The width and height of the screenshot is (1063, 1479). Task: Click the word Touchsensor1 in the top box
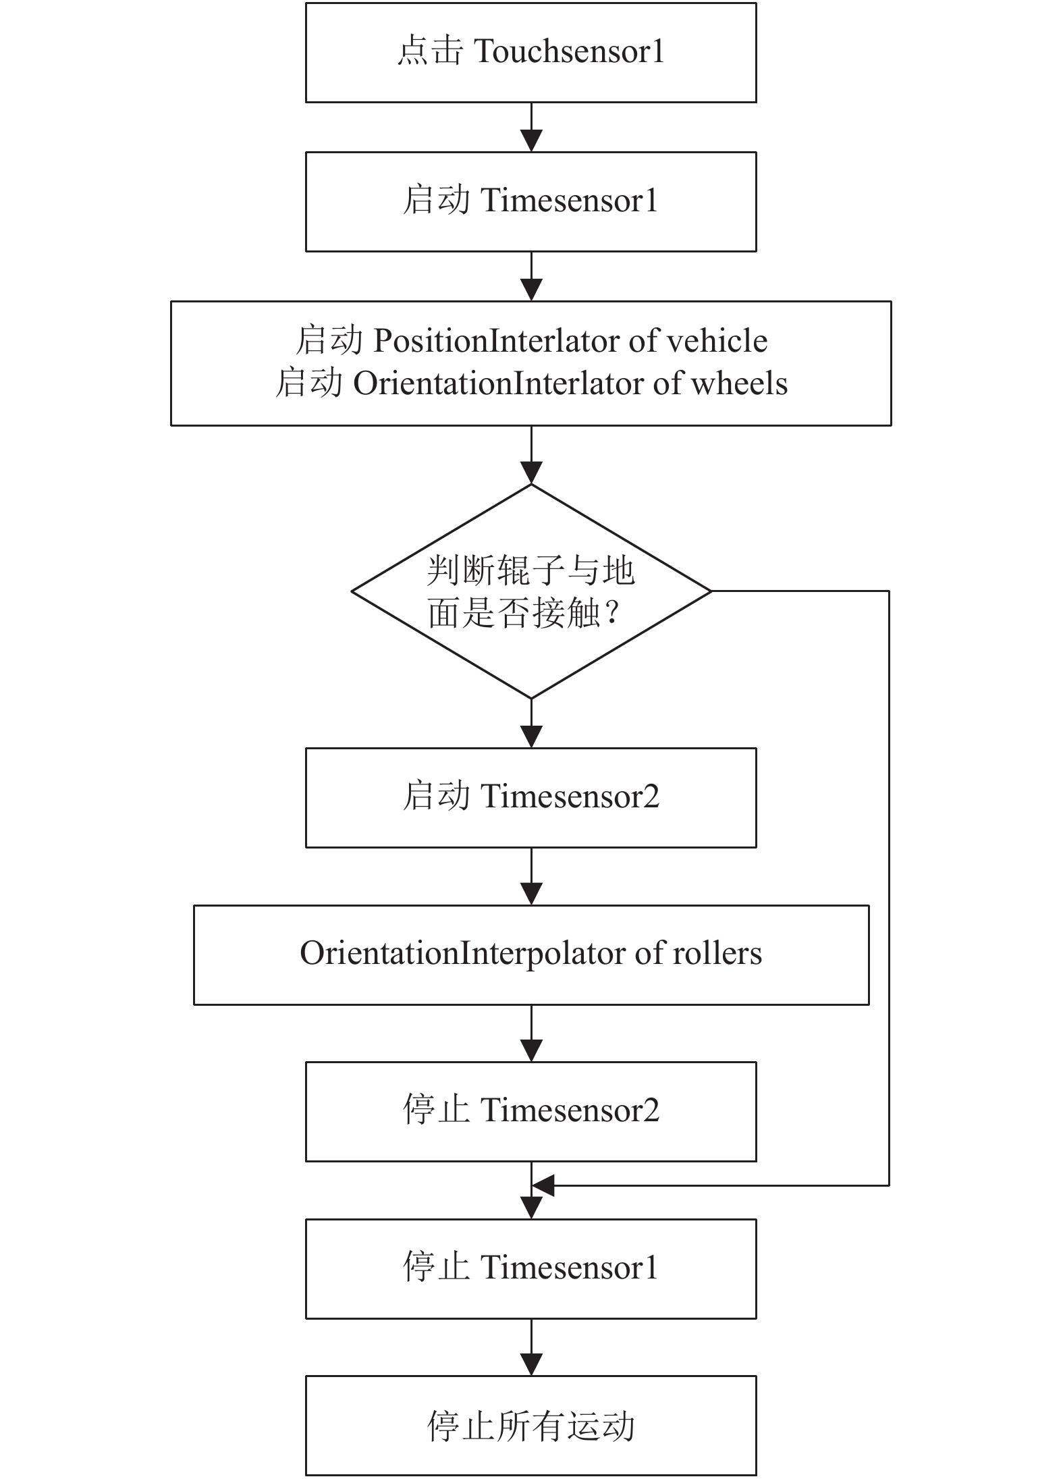(570, 52)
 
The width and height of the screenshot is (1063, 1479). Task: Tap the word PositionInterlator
(497, 341)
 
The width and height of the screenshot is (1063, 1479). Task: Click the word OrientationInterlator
(499, 383)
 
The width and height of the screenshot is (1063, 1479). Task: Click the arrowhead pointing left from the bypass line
(543, 1185)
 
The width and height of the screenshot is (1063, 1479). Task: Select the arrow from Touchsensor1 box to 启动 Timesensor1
(531, 128)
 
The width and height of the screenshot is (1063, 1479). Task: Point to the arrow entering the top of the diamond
(531, 455)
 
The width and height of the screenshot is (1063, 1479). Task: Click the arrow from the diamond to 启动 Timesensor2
(531, 724)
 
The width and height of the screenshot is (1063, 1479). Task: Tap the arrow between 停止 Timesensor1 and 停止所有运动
(531, 1347)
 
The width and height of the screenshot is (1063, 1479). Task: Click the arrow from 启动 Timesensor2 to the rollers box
(531, 876)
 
